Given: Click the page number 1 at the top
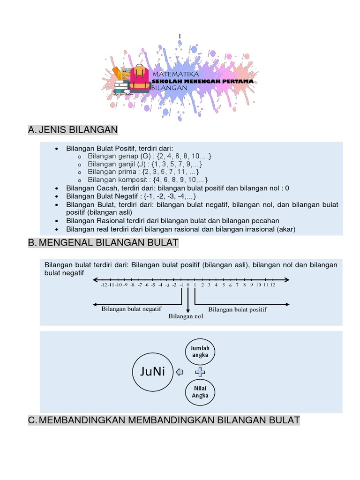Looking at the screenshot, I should click(180, 37).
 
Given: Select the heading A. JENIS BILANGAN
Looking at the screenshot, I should click(73, 130).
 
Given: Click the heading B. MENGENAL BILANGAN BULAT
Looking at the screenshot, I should click(103, 242).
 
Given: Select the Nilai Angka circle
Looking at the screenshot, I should click(200, 392).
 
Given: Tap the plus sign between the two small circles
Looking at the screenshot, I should click(200, 372).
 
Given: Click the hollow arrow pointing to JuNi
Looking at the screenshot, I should click(179, 373).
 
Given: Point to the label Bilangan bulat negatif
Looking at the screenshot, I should click(132, 308).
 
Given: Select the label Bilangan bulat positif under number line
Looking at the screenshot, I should click(237, 309).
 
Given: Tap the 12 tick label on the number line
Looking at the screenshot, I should click(272, 285).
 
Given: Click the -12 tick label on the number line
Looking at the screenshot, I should click(104, 285).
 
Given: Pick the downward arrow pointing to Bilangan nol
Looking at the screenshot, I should click(188, 300).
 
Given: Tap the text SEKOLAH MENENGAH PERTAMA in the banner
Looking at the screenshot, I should click(202, 81).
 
